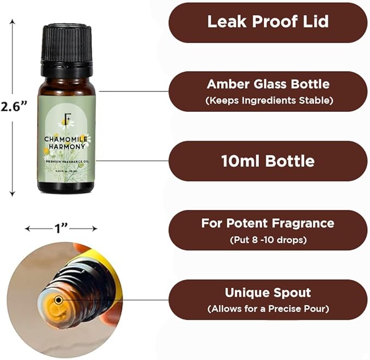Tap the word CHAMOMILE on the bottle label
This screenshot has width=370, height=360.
tap(66, 139)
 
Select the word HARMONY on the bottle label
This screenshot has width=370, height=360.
tap(66, 146)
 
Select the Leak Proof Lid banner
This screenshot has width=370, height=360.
tap(267, 22)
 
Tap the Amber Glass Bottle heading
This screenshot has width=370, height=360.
tap(268, 84)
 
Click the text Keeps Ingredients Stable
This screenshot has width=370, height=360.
tap(268, 100)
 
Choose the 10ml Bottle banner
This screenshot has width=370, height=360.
tap(268, 161)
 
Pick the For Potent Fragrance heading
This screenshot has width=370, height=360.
tap(268, 223)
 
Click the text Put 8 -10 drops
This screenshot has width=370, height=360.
tap(268, 239)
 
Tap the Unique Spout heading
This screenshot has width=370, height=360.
tap(268, 292)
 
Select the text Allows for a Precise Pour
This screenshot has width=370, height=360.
tap(268, 309)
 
